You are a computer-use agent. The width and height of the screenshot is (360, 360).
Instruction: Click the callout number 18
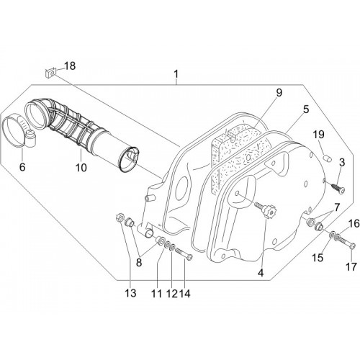point(70,66)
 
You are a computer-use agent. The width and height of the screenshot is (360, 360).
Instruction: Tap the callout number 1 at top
point(176,74)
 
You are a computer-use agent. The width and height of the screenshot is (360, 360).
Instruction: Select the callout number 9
point(279,93)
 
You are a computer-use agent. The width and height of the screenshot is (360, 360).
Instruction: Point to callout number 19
point(319,135)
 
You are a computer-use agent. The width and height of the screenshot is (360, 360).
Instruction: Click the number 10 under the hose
point(81,168)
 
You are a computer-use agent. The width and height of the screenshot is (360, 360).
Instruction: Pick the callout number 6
point(22,167)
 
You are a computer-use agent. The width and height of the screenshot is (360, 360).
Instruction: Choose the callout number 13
point(130,293)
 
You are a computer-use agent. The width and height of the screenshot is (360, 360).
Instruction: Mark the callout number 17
point(351,267)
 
